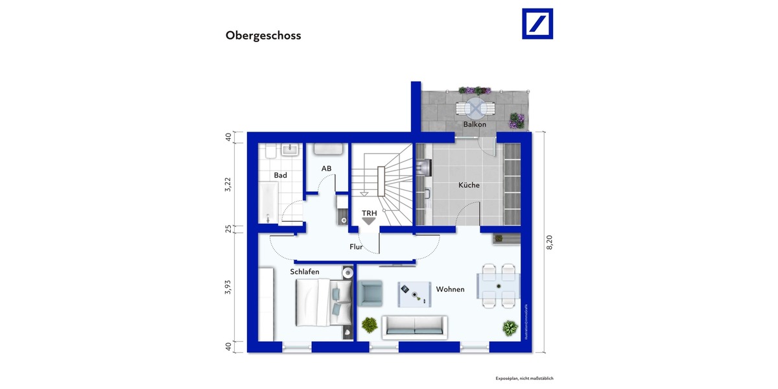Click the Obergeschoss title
263,36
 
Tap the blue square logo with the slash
537,24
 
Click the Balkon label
474,124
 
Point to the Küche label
469,185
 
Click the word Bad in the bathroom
280,176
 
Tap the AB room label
326,169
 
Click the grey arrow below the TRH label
369,222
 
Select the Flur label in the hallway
356,246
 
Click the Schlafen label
305,272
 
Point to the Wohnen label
450,289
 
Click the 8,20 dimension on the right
550,242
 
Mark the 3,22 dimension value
228,183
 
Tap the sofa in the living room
414,327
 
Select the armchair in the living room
371,293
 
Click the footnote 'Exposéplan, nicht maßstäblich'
524,378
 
